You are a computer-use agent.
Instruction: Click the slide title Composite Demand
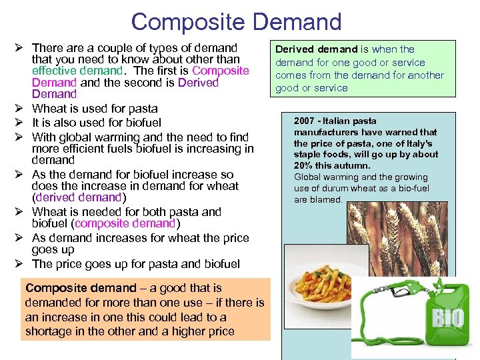point(236,21)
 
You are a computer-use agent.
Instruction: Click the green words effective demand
point(77,71)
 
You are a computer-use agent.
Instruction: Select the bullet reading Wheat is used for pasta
point(95,109)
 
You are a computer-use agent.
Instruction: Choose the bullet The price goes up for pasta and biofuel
point(135,264)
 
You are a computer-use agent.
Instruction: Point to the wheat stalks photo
point(393,233)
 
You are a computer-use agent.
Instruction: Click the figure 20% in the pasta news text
point(304,165)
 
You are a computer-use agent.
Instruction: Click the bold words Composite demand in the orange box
point(80,288)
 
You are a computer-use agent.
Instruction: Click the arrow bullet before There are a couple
point(20,48)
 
